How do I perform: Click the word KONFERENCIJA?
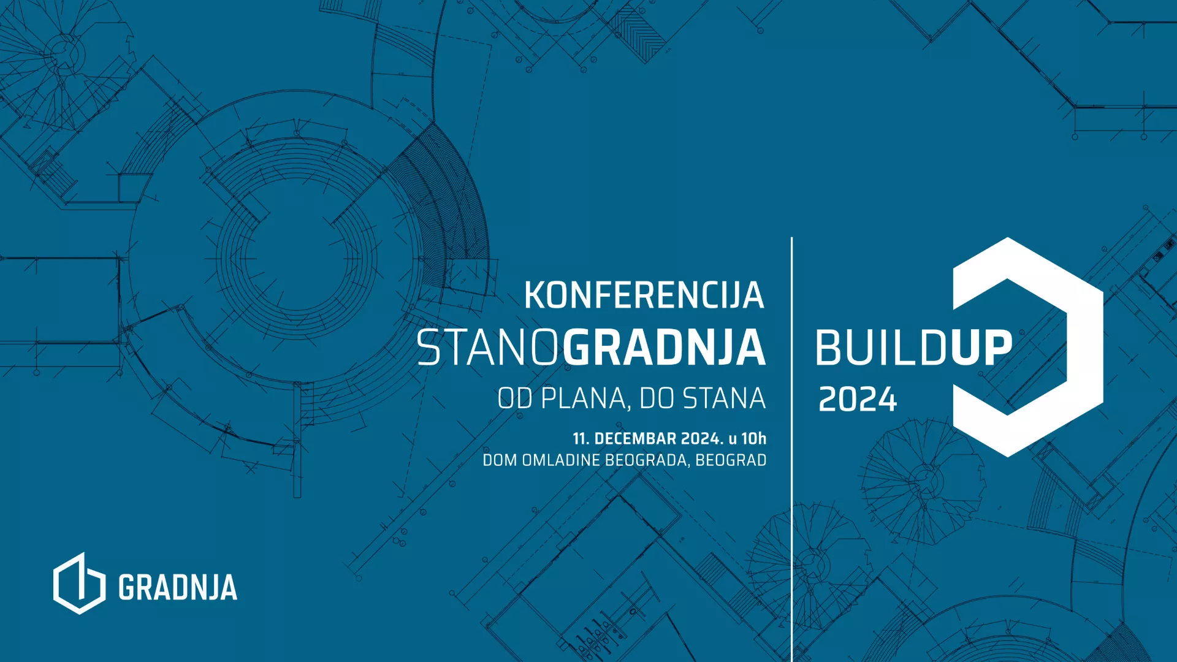[x=644, y=295]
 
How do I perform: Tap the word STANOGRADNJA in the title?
[x=592, y=348]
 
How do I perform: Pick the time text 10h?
[x=754, y=438]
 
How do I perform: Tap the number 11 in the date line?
[x=581, y=438]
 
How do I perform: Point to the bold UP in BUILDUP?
[x=981, y=348]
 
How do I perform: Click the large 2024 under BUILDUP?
[x=858, y=400]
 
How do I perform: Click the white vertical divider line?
[x=791, y=449]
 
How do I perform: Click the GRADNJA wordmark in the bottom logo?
[x=178, y=587]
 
